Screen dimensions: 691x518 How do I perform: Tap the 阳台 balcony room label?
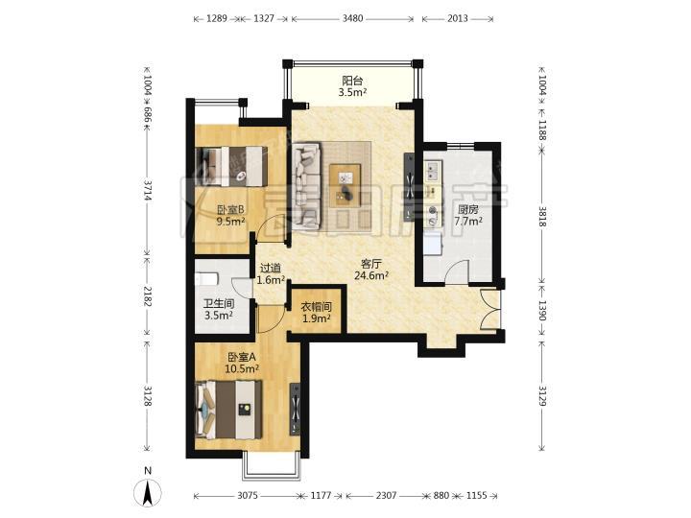point(353,81)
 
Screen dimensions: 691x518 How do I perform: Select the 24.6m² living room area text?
point(371,275)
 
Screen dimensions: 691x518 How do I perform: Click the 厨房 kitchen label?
point(468,210)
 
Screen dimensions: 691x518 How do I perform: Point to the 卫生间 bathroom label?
point(219,304)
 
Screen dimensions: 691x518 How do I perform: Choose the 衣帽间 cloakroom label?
point(317,307)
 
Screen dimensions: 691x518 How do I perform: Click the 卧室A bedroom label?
point(242,357)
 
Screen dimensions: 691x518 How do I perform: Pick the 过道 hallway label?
point(270,269)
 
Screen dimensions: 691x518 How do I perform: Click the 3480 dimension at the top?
point(352,18)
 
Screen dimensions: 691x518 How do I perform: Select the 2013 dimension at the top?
point(458,18)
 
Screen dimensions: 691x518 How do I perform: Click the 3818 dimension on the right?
point(542,217)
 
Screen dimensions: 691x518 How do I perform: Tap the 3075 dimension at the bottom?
point(249,496)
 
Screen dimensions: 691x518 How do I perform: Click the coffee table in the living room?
point(345,185)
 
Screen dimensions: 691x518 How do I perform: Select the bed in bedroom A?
point(228,410)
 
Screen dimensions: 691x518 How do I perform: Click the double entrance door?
point(490,309)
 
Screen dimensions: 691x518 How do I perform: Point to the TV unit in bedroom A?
point(295,410)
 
